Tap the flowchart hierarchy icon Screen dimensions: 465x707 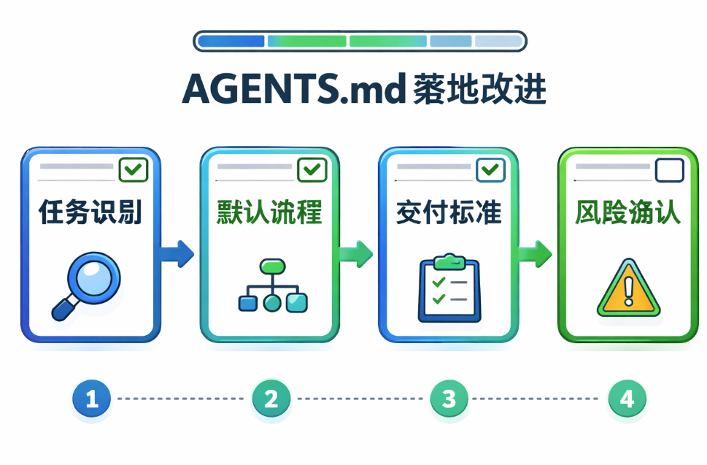pyautogui.click(x=271, y=285)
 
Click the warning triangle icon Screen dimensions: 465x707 pyautogui.click(x=628, y=288)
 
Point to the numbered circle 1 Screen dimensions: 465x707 pyautogui.click(x=91, y=399)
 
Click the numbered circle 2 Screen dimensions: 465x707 pyautogui.click(x=271, y=399)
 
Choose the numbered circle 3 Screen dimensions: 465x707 pyautogui.click(x=449, y=399)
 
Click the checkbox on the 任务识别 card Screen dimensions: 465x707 pyautogui.click(x=134, y=171)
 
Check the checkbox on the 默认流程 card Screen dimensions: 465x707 pyautogui.click(x=313, y=171)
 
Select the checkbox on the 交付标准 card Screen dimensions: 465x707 pyautogui.click(x=490, y=171)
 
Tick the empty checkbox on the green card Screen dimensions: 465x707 pyautogui.click(x=669, y=171)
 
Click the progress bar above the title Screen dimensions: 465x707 pyautogui.click(x=360, y=41)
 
